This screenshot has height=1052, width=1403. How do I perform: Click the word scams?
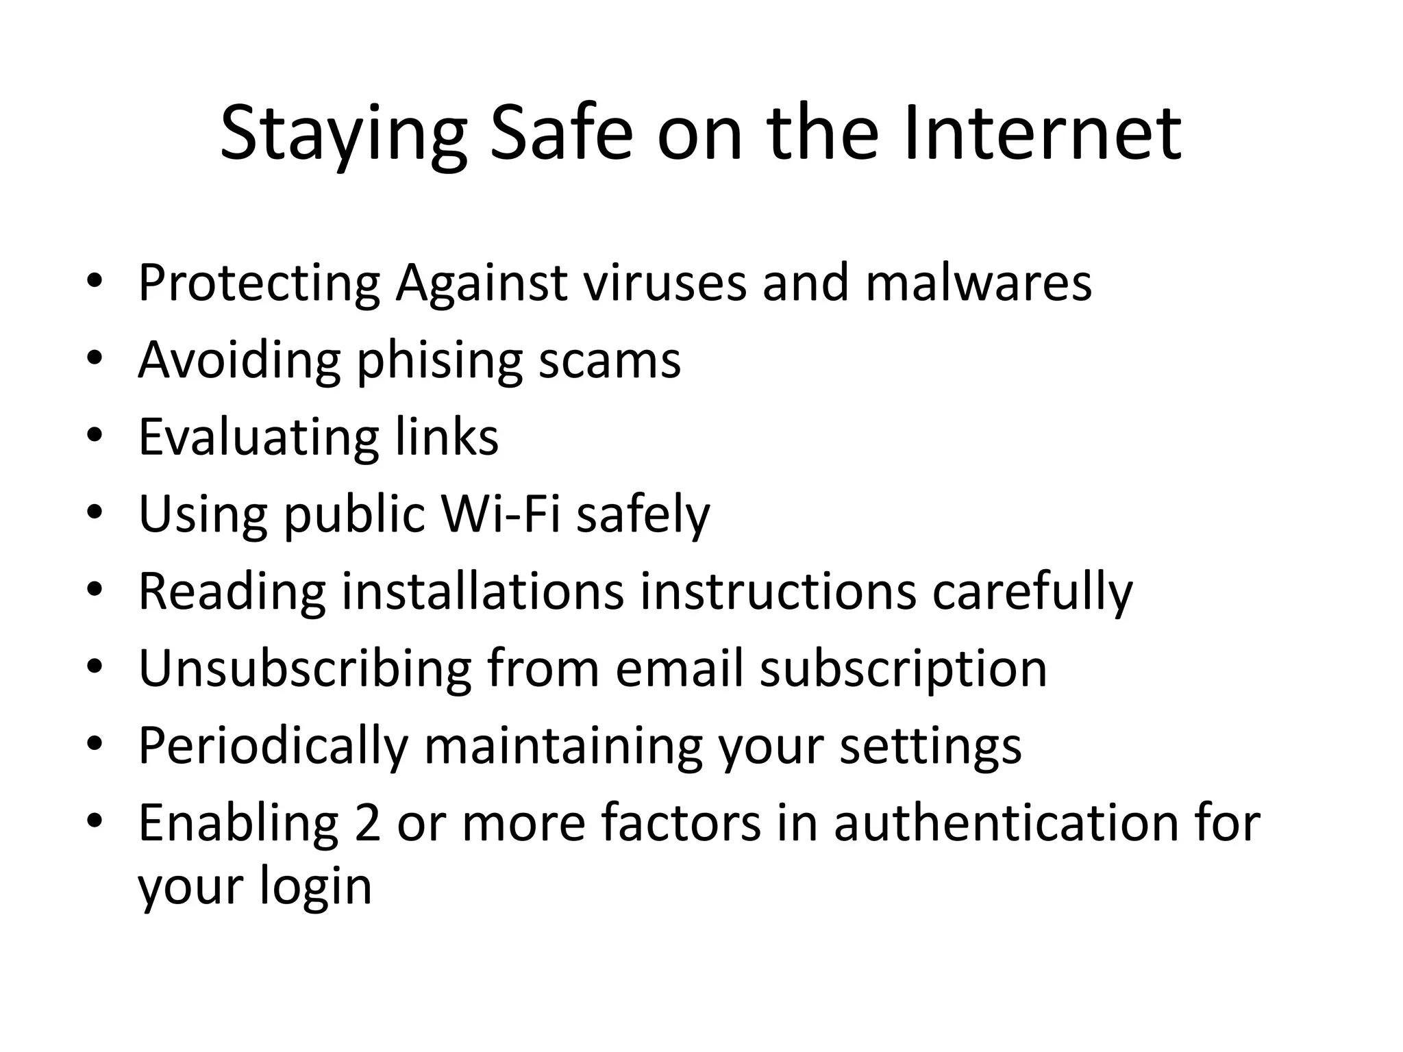click(x=610, y=361)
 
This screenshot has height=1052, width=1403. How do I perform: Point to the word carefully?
click(x=1032, y=592)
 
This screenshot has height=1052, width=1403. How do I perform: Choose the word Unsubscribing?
click(x=305, y=668)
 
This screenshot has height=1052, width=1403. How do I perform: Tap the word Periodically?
click(x=273, y=747)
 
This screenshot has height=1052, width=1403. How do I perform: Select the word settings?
click(x=930, y=747)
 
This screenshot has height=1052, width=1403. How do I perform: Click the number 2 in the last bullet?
click(x=368, y=823)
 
